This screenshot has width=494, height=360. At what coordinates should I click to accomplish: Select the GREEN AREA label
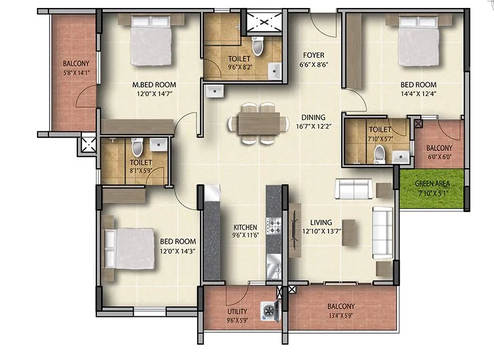click(x=432, y=184)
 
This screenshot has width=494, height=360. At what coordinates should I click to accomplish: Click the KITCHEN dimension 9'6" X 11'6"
click(x=244, y=235)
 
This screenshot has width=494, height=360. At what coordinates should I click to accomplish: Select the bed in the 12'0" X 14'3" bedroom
click(x=130, y=247)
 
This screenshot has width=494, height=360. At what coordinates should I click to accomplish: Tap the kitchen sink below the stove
click(x=273, y=268)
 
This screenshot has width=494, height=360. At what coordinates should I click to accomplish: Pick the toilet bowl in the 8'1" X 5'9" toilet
click(x=137, y=149)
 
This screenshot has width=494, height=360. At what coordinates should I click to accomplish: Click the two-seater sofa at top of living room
click(x=353, y=188)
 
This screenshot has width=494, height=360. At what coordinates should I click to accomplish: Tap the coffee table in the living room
click(x=348, y=232)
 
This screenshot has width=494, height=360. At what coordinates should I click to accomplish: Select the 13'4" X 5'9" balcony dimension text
click(x=341, y=315)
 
